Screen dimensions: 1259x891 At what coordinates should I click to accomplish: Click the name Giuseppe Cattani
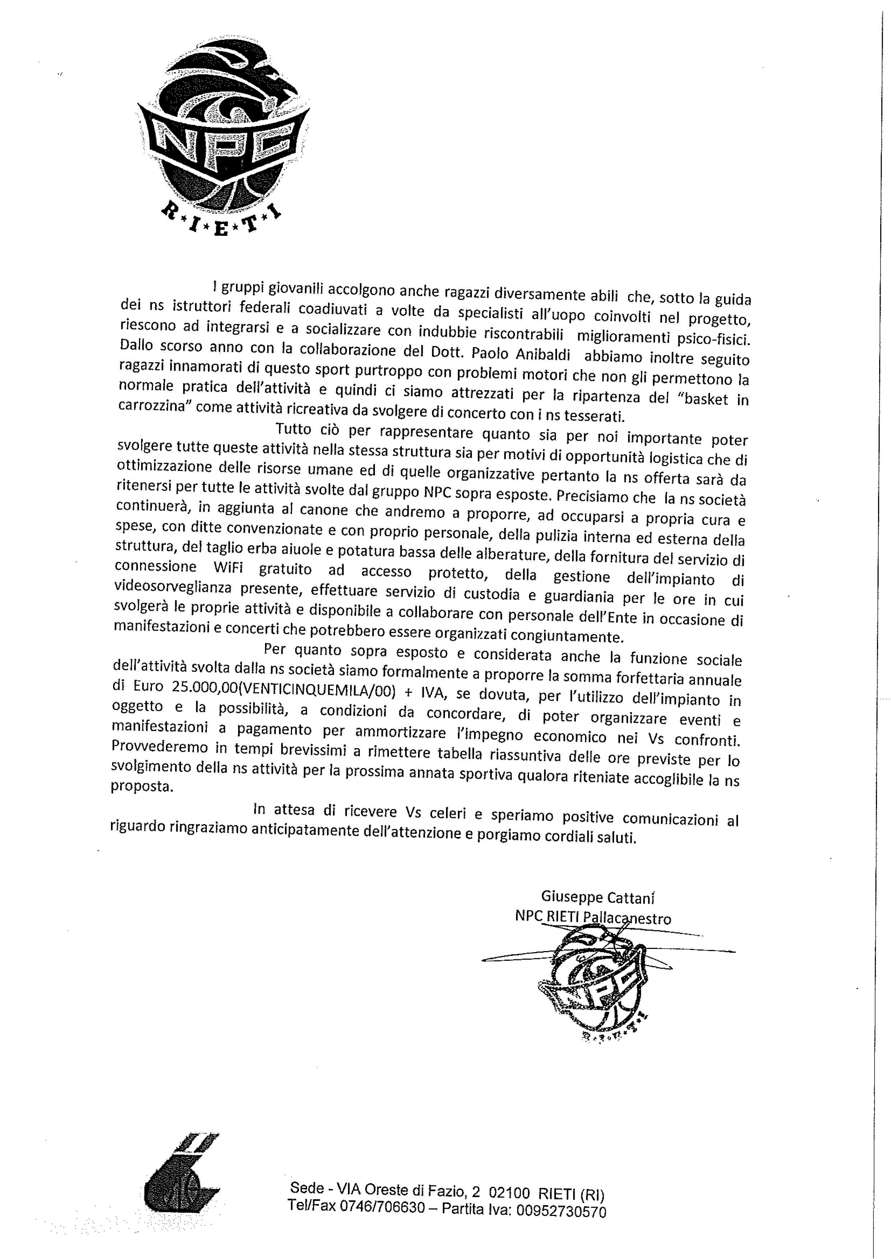[x=598, y=897]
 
